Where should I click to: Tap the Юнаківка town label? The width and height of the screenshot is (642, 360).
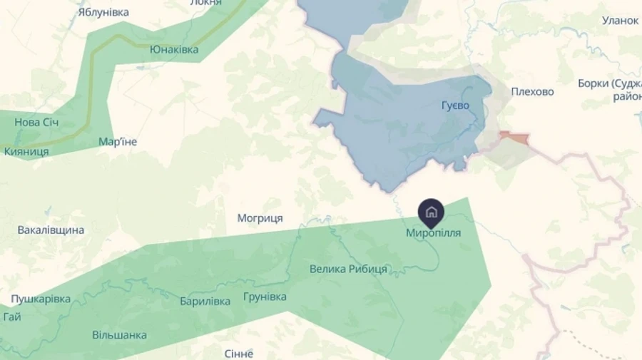(174, 49)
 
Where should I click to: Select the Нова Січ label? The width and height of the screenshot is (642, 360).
(36, 123)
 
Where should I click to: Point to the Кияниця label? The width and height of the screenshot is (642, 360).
(26, 151)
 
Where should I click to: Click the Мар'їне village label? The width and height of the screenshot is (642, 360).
(118, 141)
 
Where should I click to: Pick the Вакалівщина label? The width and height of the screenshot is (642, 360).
(51, 230)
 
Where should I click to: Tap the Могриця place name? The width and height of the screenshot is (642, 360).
(260, 217)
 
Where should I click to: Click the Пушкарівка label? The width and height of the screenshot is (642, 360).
(41, 299)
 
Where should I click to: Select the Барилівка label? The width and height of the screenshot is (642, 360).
(205, 301)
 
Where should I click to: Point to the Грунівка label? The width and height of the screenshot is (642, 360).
(265, 296)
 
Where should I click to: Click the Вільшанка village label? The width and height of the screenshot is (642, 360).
(120, 334)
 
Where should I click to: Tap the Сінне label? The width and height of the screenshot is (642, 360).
(239, 354)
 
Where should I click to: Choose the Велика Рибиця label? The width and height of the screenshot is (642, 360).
(348, 269)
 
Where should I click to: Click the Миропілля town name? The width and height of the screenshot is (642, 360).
(433, 232)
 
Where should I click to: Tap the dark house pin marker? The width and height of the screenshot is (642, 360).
(431, 212)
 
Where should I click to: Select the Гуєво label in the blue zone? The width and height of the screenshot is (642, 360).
(455, 106)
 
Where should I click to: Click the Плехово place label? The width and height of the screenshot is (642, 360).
(532, 91)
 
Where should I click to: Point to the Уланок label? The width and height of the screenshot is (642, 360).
(620, 20)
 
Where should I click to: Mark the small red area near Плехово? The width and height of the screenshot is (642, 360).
(516, 138)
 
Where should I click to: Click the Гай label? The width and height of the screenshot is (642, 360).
(11, 317)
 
